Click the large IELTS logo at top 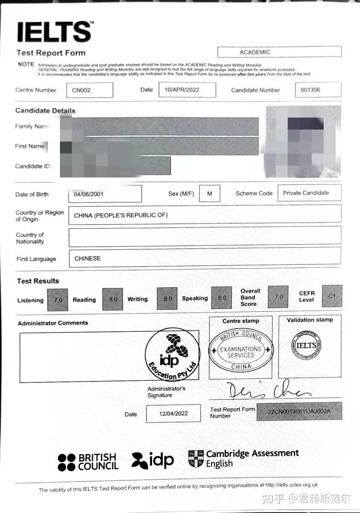55,31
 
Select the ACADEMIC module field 279,52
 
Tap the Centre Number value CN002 90,90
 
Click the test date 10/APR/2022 187,90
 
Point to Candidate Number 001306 318,90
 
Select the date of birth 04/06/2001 105,194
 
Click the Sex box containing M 209,194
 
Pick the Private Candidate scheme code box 309,193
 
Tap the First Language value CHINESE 88,258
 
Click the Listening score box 58,300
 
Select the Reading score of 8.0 113,299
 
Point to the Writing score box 167,298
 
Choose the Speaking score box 222,298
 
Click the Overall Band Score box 278,297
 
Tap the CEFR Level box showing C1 332,296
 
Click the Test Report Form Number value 299,411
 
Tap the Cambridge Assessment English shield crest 196,459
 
